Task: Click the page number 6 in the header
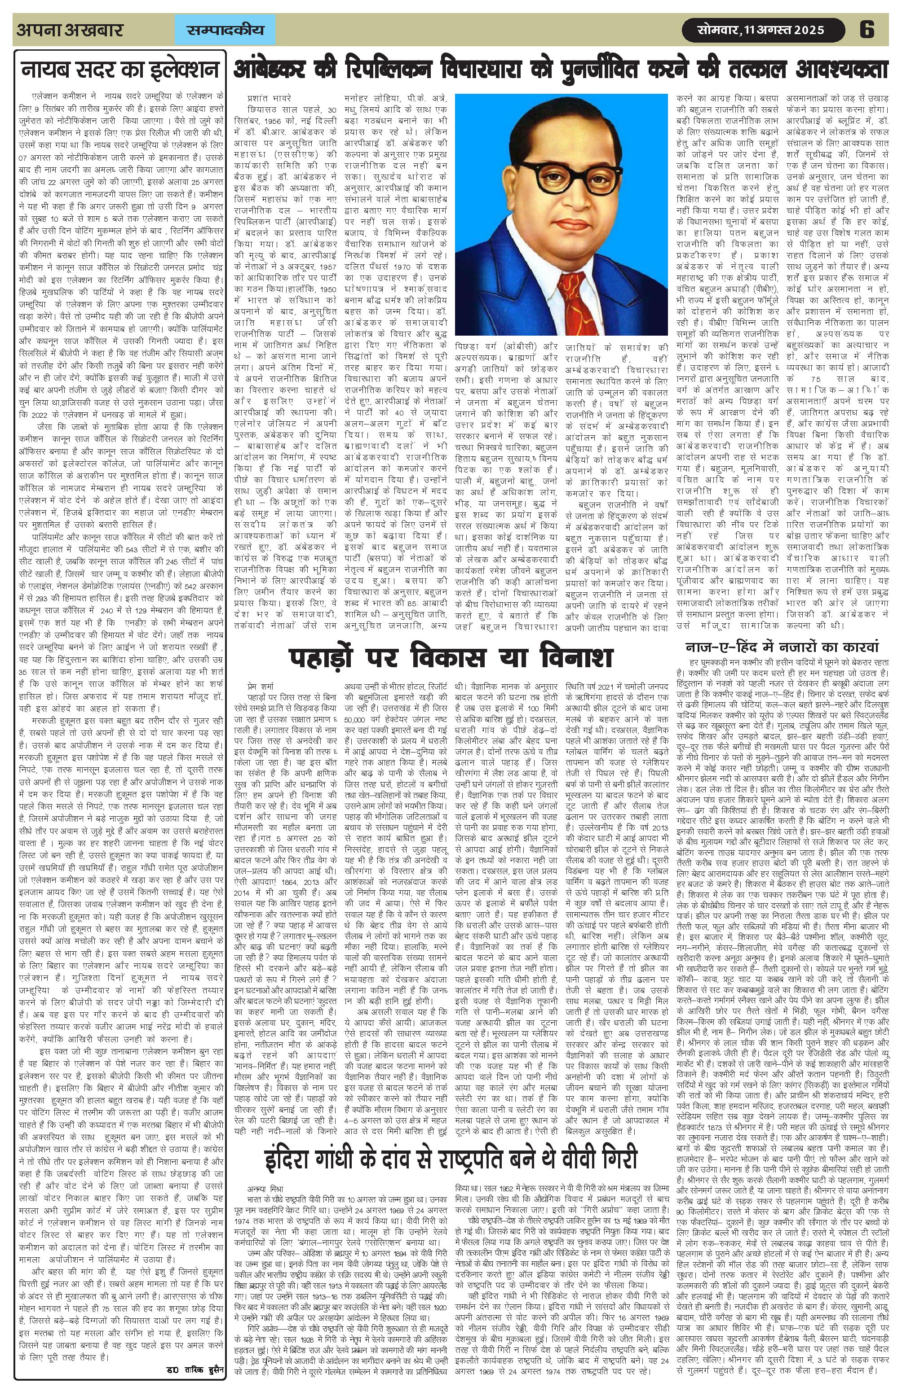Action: (867, 29)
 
